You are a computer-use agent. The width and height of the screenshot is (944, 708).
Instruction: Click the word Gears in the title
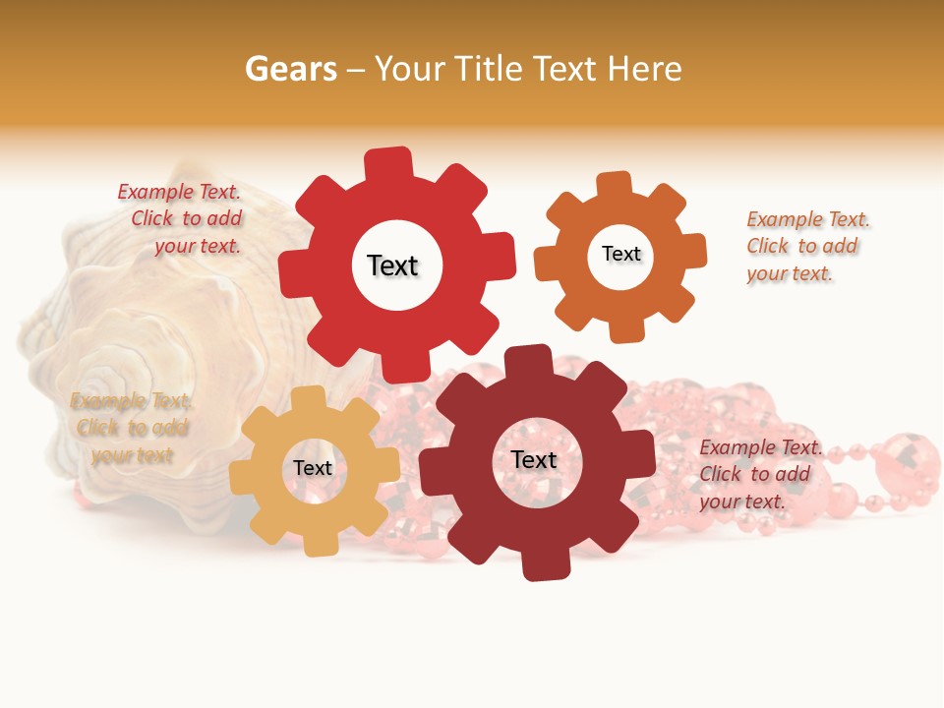coord(291,69)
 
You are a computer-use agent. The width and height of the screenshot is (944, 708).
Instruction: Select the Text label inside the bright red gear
coord(392,265)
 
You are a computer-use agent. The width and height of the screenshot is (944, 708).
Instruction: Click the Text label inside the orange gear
coord(620,254)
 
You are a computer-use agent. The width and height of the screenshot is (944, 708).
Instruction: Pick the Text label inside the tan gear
coord(313,468)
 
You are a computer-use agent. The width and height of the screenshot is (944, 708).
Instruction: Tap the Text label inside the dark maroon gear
coord(534,459)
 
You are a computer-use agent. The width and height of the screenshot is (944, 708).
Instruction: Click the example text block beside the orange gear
coord(808,246)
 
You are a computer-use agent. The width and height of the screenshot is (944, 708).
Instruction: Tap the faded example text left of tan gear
coord(131,428)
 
